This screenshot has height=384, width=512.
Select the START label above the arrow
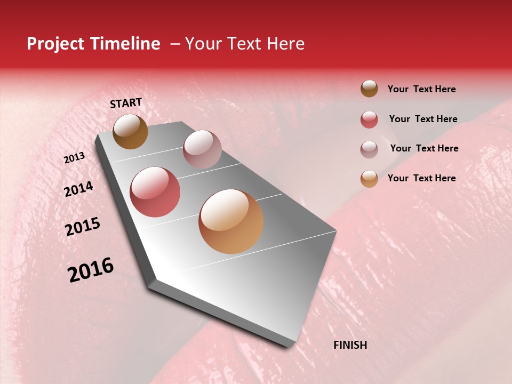pyautogui.click(x=126, y=103)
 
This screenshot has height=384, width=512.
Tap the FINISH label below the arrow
pyautogui.click(x=350, y=345)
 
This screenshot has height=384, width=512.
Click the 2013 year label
pyautogui.click(x=74, y=158)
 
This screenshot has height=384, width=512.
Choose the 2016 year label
pyautogui.click(x=91, y=270)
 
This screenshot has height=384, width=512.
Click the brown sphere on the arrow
pyautogui.click(x=130, y=131)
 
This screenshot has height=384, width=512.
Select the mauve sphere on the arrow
pyautogui.click(x=202, y=149)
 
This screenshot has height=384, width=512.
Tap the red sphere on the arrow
pyautogui.click(x=155, y=192)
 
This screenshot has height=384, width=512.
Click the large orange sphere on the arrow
pyautogui.click(x=231, y=221)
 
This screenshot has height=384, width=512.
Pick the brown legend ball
pyautogui.click(x=369, y=89)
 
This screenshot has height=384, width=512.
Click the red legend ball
pyautogui.click(x=369, y=119)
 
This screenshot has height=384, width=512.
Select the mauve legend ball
pyautogui.click(x=369, y=149)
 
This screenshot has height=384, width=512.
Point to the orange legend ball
pyautogui.click(x=369, y=179)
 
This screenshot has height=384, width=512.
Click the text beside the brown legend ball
pyautogui.click(x=421, y=90)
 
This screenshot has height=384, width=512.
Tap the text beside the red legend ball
pyautogui.click(x=423, y=119)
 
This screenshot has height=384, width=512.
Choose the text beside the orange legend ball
pyautogui.click(x=421, y=178)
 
